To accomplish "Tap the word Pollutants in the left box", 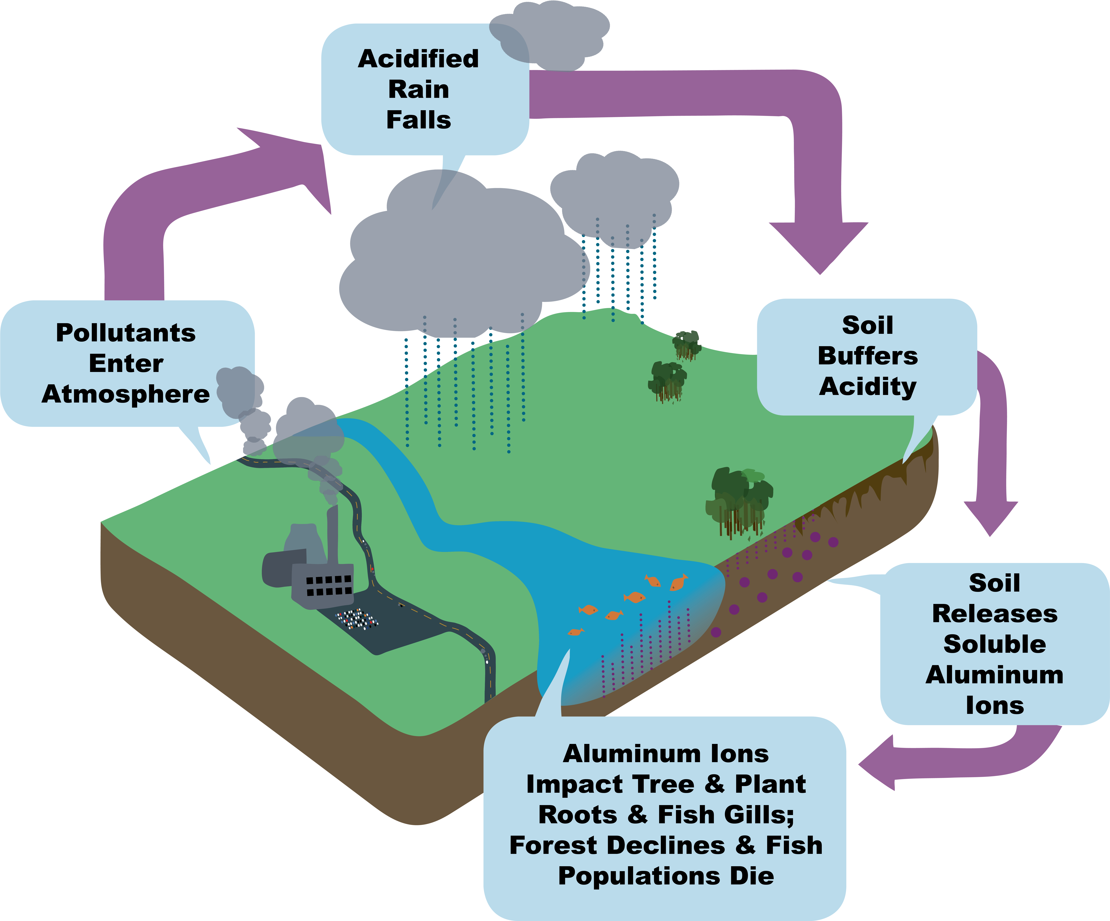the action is [126, 333].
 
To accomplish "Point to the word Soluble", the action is [995, 644].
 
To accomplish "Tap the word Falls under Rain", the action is [419, 120].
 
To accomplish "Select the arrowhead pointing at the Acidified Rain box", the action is [296, 164].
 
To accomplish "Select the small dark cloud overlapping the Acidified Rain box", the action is [550, 34].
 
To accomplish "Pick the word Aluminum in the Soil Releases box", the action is [995, 675].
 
